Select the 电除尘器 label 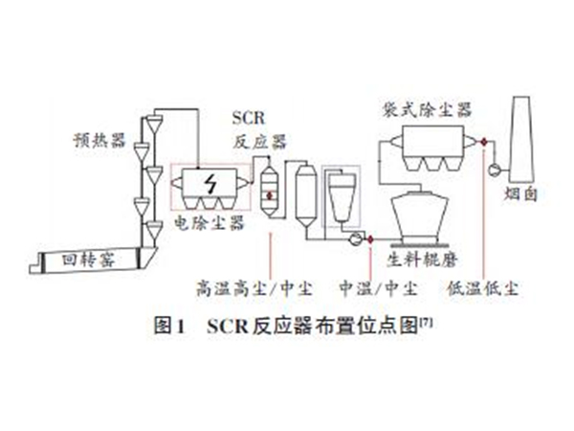click(x=209, y=223)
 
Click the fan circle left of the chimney click(x=496, y=170)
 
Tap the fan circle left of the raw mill click(x=354, y=236)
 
